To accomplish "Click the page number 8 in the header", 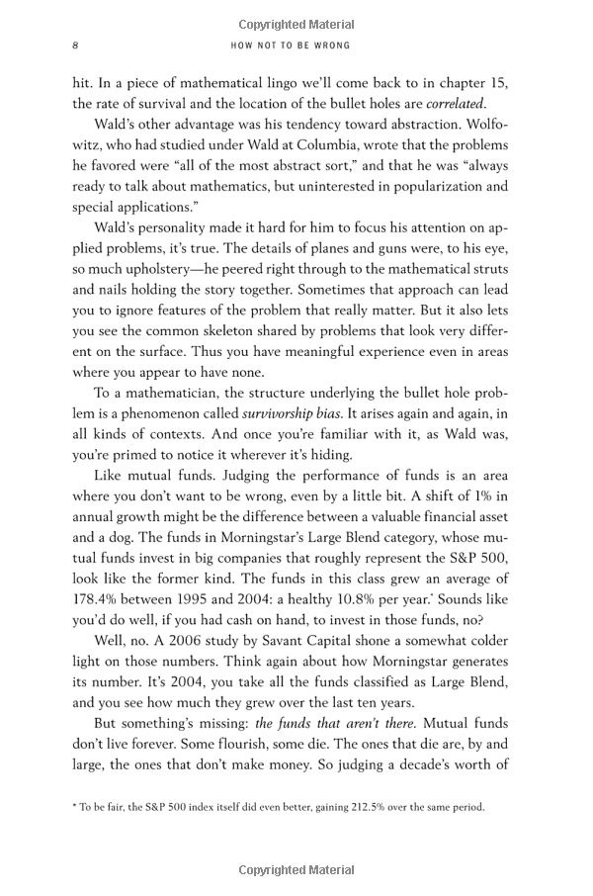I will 76,45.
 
